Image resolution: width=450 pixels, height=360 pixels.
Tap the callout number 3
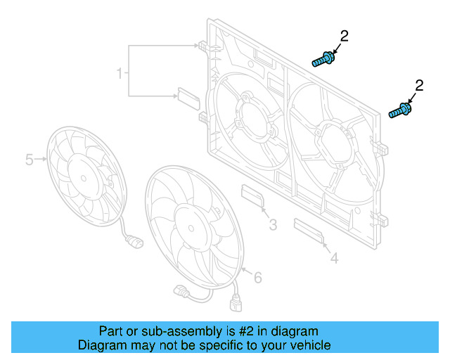point(273,225)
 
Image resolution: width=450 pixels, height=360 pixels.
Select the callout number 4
point(335,259)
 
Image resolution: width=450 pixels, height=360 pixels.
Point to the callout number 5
point(30,160)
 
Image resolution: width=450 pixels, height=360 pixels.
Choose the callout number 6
point(257,278)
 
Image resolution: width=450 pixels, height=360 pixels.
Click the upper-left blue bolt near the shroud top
point(323,59)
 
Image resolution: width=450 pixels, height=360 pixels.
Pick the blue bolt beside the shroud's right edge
point(400,111)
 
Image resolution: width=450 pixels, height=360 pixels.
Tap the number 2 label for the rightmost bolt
point(420,86)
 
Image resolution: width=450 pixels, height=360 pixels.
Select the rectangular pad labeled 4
point(309,230)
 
